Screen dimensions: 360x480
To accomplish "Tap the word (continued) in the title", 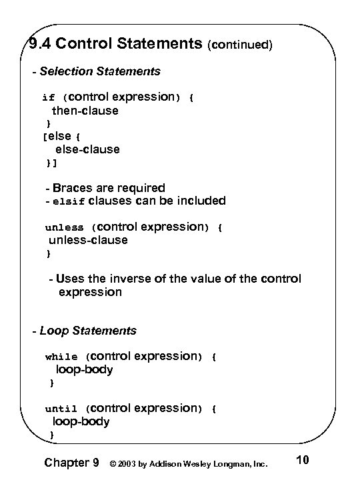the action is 241,45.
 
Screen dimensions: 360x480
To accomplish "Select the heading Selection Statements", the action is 100,71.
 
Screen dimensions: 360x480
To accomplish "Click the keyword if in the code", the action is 48,97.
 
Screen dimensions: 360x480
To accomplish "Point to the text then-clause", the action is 85,111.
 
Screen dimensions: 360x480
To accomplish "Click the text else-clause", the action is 87,149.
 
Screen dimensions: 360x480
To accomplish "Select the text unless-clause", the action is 88,240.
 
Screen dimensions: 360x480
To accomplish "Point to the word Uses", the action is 70,279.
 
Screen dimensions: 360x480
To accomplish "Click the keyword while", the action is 61,357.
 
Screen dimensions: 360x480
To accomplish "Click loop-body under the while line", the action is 84,369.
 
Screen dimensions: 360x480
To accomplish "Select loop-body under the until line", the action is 81,421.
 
